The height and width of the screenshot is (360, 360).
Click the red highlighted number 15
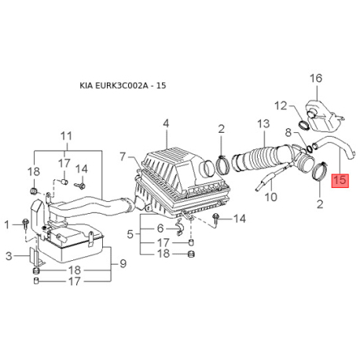tap(340, 180)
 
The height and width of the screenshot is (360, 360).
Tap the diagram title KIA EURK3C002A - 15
tap(123, 86)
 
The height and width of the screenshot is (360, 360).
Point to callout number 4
tap(166, 123)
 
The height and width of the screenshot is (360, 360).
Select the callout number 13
tap(263, 123)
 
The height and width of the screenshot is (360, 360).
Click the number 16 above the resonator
tap(316, 79)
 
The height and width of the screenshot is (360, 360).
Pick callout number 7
tap(123, 156)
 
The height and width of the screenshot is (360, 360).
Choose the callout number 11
tap(66, 136)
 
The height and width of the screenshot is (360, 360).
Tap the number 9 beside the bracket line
tap(123, 263)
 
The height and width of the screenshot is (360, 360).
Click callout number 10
tap(271, 197)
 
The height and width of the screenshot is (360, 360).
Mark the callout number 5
tap(130, 234)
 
